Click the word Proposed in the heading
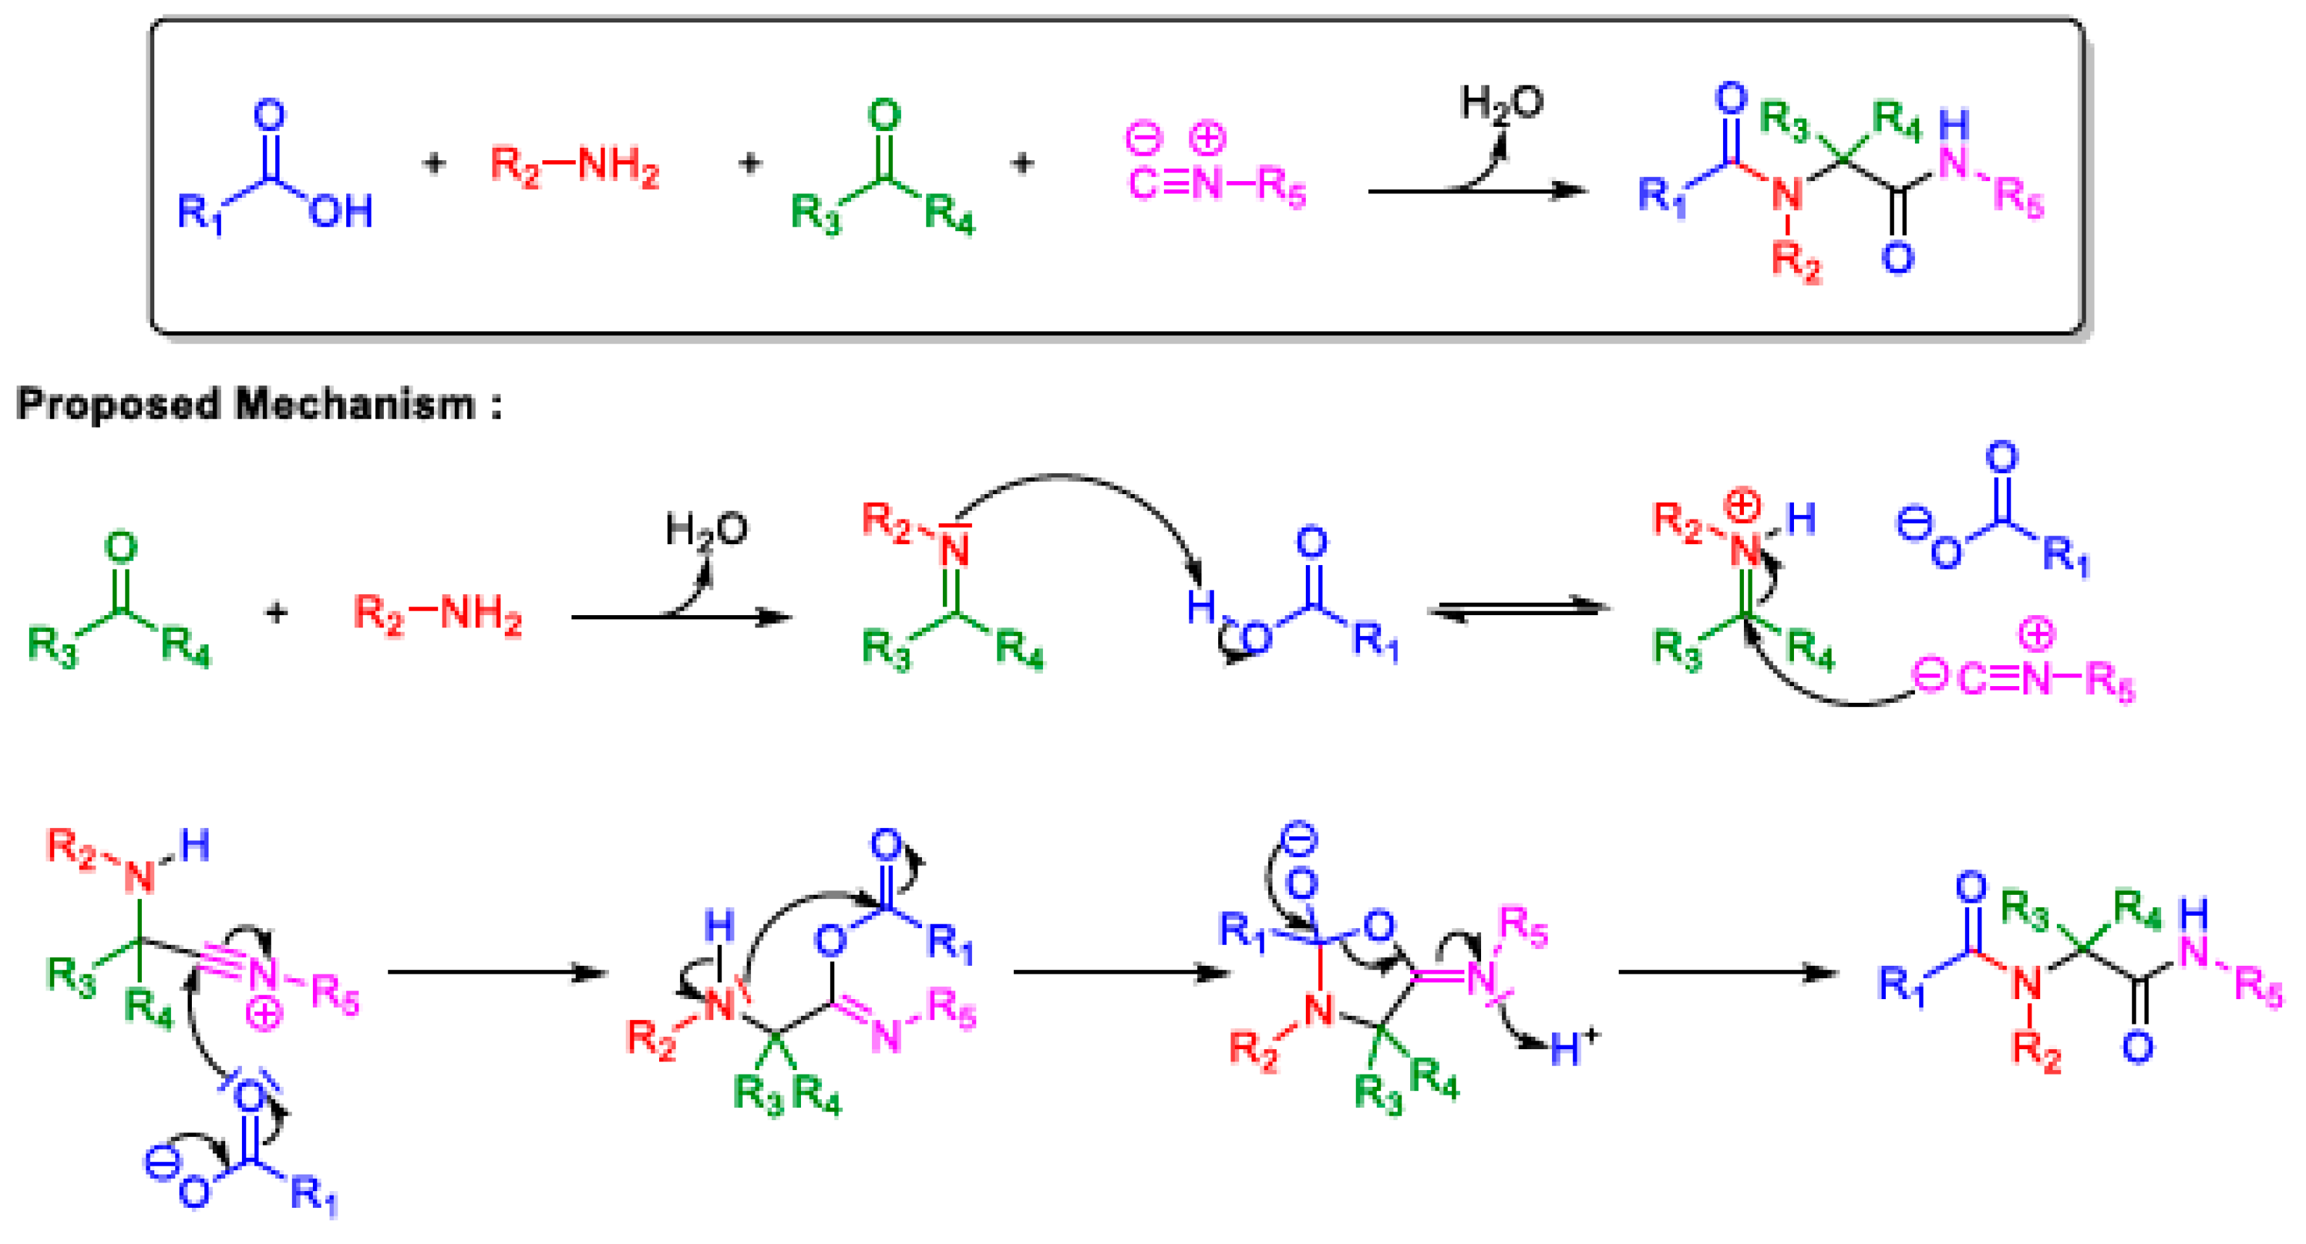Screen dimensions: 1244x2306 pyautogui.click(x=118, y=405)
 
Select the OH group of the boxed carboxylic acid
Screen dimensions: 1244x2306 pyautogui.click(x=341, y=212)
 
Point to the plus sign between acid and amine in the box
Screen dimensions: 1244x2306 pyautogui.click(x=434, y=163)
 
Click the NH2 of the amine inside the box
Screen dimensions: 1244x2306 pyautogui.click(x=618, y=166)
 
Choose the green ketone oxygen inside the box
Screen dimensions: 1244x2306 pyautogui.click(x=884, y=115)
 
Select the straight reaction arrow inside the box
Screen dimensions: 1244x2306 pyautogui.click(x=1477, y=190)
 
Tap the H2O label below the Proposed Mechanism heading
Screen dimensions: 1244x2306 pyautogui.click(x=706, y=530)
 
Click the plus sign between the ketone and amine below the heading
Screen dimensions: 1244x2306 pyautogui.click(x=277, y=614)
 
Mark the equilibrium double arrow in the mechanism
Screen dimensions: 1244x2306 pyautogui.click(x=1518, y=610)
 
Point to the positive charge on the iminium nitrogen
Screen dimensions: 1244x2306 pyautogui.click(x=1742, y=505)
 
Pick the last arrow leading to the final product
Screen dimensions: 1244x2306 pyautogui.click(x=1728, y=972)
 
